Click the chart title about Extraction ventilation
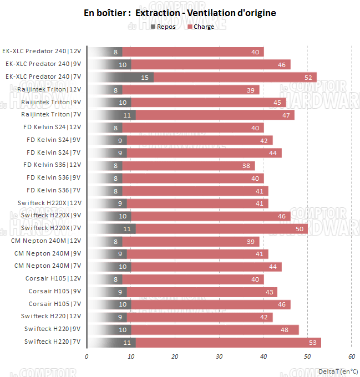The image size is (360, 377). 180,13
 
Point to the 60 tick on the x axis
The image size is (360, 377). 351,356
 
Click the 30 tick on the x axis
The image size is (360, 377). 219,356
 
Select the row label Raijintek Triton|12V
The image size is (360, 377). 49,89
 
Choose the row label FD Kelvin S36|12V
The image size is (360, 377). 52,165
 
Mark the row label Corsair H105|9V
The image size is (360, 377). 55,291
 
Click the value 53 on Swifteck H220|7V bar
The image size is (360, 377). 312,342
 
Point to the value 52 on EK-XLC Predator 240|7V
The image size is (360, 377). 308,77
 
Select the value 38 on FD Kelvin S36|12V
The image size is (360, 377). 246,165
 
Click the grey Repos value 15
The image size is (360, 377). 145,77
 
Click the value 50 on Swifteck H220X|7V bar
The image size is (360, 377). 299,228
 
